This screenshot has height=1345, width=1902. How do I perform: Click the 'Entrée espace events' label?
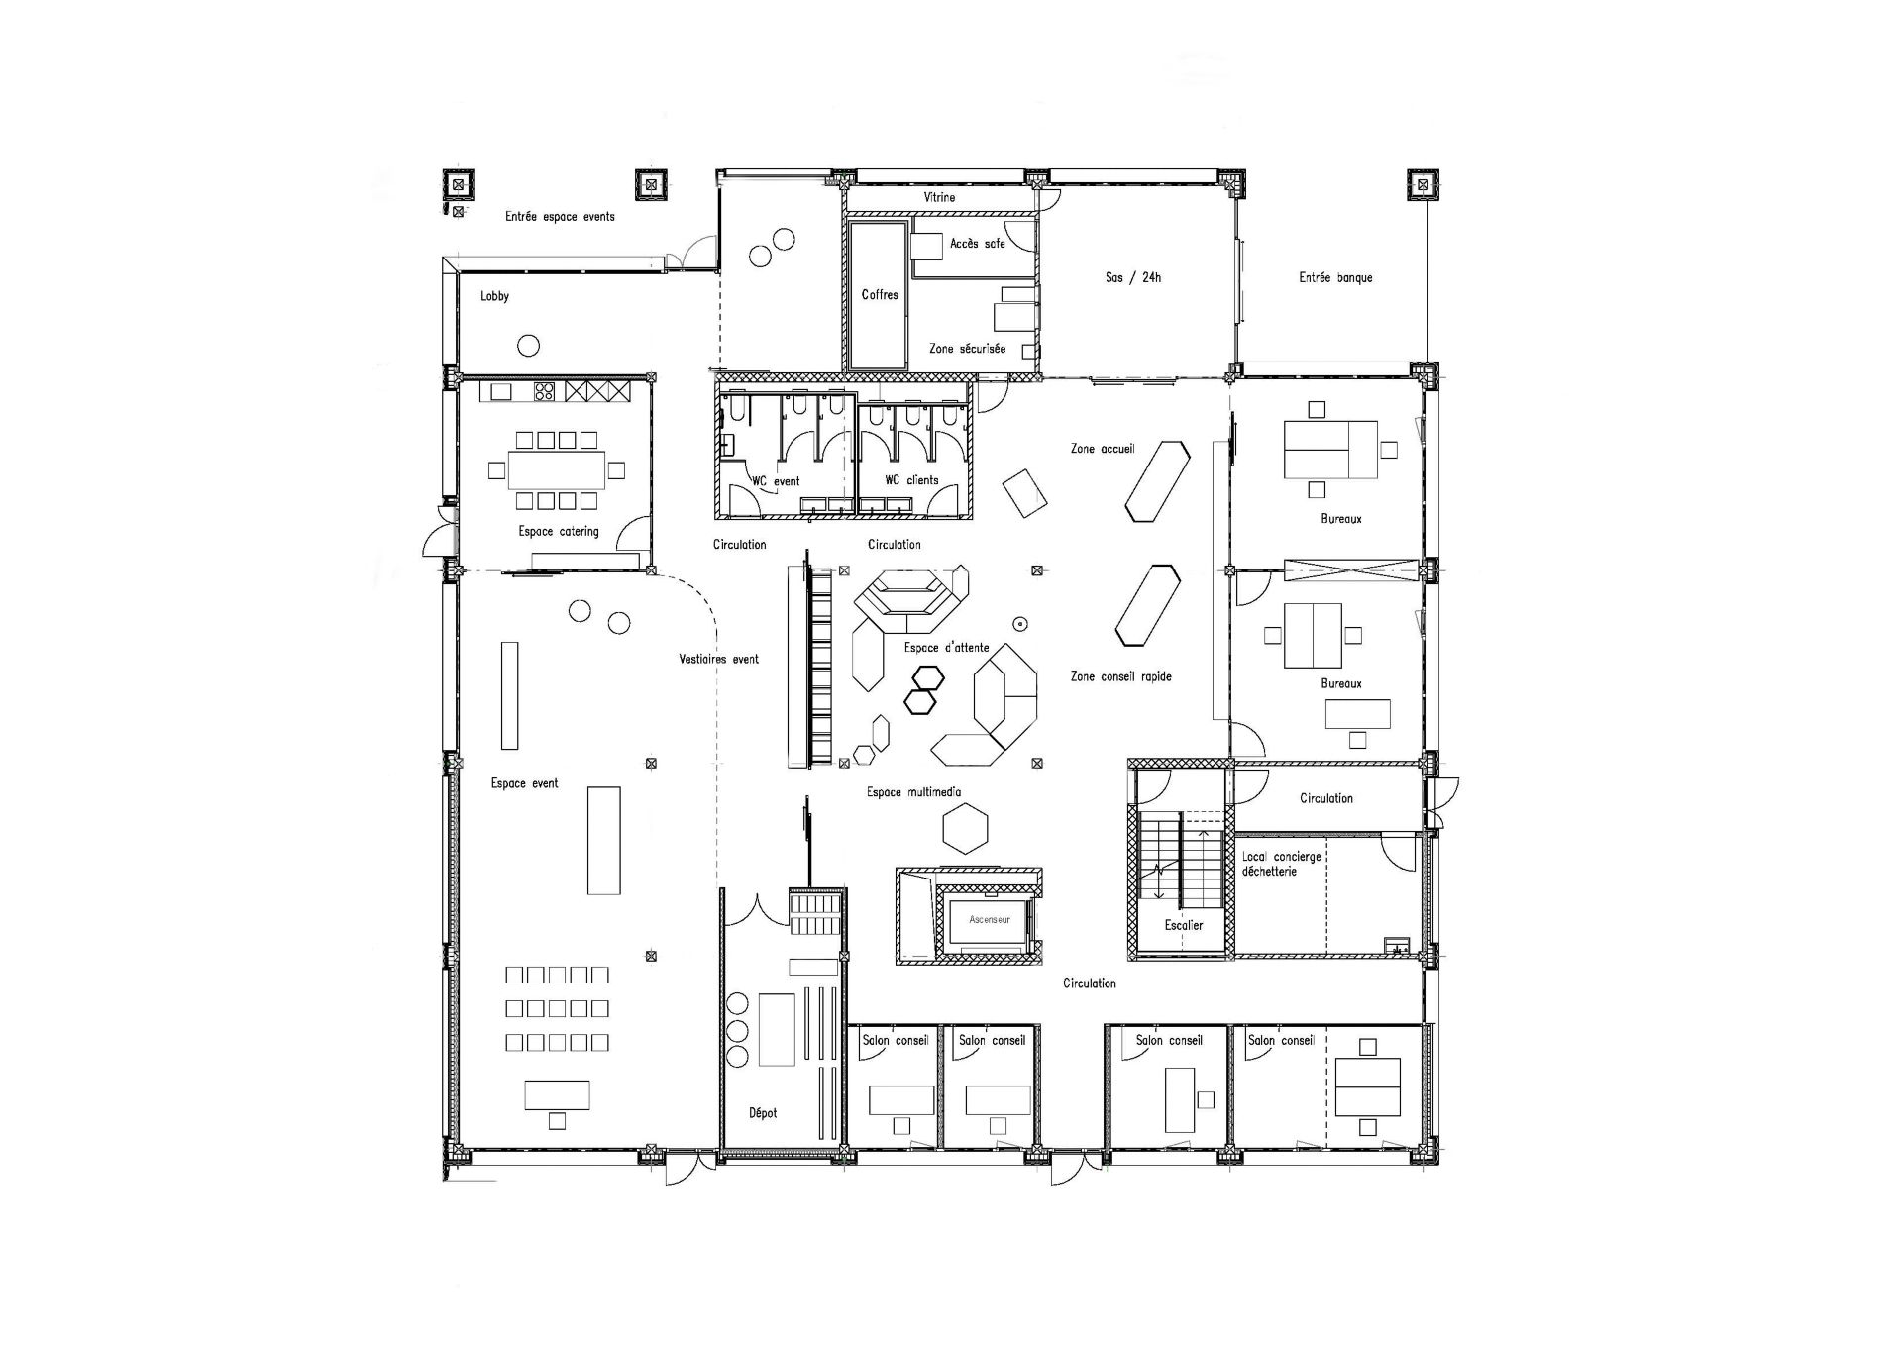click(x=560, y=216)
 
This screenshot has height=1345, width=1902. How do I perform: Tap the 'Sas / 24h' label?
click(x=1133, y=277)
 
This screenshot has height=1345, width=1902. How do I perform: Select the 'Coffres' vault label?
click(x=880, y=294)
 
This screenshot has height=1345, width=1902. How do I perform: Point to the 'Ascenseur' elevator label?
click(x=990, y=920)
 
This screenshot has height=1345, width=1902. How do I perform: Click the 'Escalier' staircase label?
click(x=1184, y=925)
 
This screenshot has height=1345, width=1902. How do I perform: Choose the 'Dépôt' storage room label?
click(x=763, y=1113)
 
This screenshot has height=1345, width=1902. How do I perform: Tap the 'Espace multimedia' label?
click(x=913, y=792)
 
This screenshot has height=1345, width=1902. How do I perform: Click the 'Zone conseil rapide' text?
click(x=1121, y=676)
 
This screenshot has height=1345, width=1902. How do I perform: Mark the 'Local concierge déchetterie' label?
click(x=1282, y=864)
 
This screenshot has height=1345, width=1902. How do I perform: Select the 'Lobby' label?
click(x=494, y=296)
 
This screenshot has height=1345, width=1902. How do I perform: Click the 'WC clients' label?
click(x=911, y=480)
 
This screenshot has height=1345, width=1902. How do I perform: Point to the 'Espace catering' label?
click(x=559, y=532)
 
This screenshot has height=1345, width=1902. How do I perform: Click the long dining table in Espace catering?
click(x=557, y=469)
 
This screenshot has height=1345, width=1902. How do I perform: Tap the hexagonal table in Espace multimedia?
click(x=966, y=827)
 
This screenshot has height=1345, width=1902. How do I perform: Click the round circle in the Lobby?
click(x=529, y=346)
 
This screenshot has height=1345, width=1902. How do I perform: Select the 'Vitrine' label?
click(x=939, y=197)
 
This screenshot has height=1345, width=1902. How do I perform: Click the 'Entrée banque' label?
click(x=1335, y=277)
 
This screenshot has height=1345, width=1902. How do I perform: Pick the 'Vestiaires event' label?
click(x=718, y=659)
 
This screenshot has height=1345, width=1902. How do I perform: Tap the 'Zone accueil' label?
click(x=1103, y=449)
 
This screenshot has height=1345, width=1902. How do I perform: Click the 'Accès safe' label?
click(x=978, y=243)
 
